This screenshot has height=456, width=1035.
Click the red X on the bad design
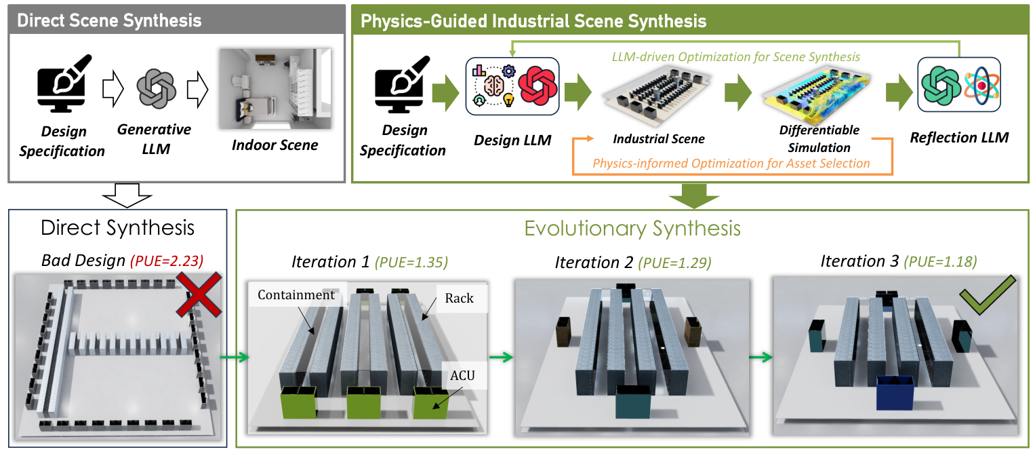201,294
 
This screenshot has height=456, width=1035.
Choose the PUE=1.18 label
943,261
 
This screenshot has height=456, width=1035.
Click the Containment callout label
296,295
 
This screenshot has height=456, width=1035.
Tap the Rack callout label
459,299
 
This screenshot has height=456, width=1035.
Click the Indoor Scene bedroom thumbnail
275,88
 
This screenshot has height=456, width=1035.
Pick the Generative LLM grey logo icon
156,89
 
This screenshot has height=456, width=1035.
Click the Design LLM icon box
512,86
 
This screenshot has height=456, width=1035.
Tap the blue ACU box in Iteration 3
895,394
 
